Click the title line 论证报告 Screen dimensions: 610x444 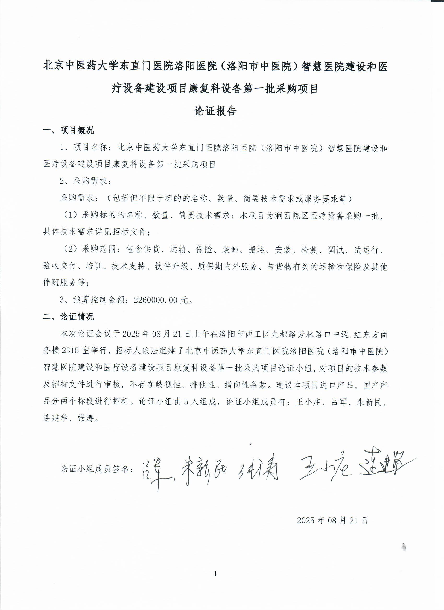pos(215,111)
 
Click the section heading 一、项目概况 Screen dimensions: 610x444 pos(69,131)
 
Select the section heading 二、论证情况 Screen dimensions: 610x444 pos(69,316)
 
